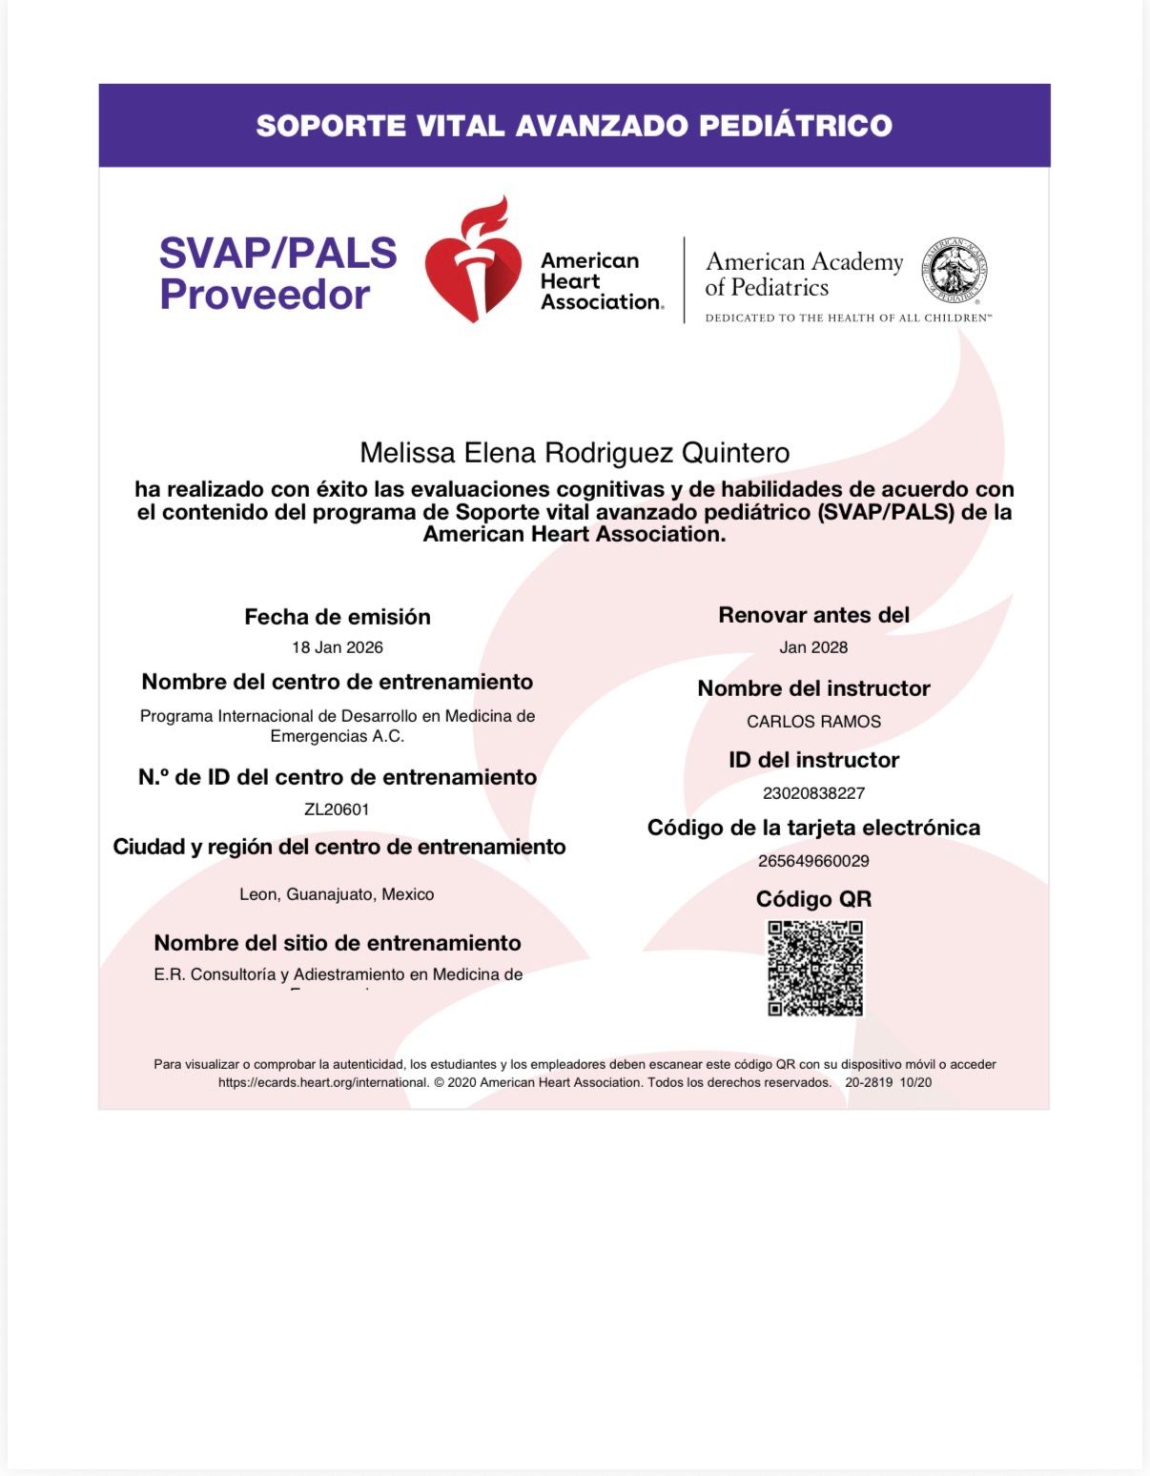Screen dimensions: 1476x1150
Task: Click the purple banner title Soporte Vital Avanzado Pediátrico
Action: [x=574, y=126]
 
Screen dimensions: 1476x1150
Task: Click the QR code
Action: [x=815, y=968]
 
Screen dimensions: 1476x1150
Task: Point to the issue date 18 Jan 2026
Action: [x=338, y=647]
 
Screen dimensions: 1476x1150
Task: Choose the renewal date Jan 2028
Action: [x=813, y=647]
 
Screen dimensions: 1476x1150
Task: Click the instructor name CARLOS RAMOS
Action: [x=813, y=722]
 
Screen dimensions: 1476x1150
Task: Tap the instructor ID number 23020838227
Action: [x=813, y=793]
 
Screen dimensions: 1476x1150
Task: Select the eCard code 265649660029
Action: [x=813, y=861]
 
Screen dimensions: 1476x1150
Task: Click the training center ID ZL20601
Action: [x=337, y=810]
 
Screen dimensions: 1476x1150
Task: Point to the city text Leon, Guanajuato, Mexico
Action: [x=337, y=894]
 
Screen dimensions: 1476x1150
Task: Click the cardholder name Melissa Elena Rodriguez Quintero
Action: [x=574, y=453]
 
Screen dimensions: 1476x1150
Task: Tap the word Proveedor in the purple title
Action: [x=264, y=295]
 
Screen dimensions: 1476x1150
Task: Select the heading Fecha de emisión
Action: [x=338, y=617]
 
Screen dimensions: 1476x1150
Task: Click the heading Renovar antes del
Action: [x=813, y=615]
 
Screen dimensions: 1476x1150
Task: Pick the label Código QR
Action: [x=813, y=899]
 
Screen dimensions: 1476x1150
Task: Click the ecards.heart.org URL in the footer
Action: [x=323, y=1083]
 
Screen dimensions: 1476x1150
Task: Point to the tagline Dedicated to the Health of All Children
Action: [x=848, y=318]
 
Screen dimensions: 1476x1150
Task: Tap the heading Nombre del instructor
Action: [x=813, y=688]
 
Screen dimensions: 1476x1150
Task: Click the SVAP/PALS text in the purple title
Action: [x=277, y=253]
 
